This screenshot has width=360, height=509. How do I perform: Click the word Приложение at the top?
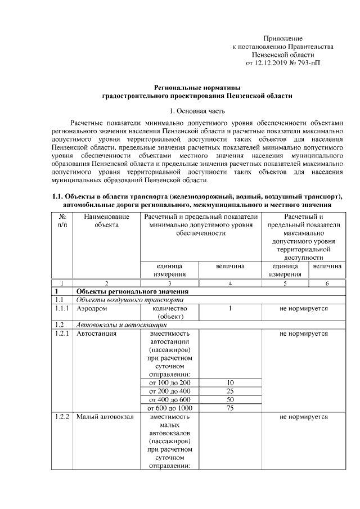(283, 37)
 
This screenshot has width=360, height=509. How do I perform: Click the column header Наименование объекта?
(106, 220)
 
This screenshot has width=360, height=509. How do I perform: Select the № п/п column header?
(62, 220)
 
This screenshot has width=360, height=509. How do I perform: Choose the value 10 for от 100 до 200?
(230, 382)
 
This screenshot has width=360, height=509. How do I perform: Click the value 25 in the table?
(230, 391)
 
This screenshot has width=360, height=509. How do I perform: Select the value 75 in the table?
(230, 408)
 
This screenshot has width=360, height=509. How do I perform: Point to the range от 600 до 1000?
(169, 408)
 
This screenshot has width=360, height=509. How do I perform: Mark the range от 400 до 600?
(169, 399)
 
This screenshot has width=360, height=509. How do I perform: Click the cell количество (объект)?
(169, 313)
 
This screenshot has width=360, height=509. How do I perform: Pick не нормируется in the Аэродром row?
(303, 309)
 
